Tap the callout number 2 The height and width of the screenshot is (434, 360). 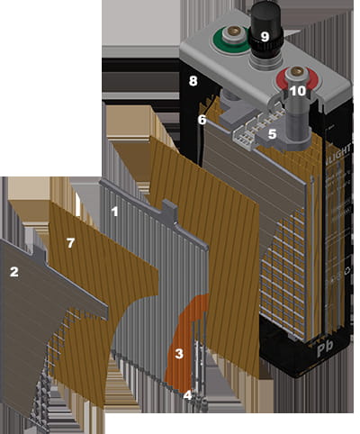pyautogui.click(x=13, y=271)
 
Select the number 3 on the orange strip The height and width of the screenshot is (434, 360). pyautogui.click(x=179, y=355)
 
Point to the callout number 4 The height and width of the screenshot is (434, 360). pyautogui.click(x=187, y=394)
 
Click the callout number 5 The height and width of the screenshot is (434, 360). pyautogui.click(x=272, y=133)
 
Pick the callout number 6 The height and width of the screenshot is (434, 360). pyautogui.click(x=202, y=119)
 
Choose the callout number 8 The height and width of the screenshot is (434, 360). pyautogui.click(x=193, y=81)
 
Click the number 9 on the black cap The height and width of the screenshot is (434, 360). pyautogui.click(x=264, y=37)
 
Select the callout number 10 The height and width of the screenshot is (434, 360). pyautogui.click(x=297, y=91)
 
